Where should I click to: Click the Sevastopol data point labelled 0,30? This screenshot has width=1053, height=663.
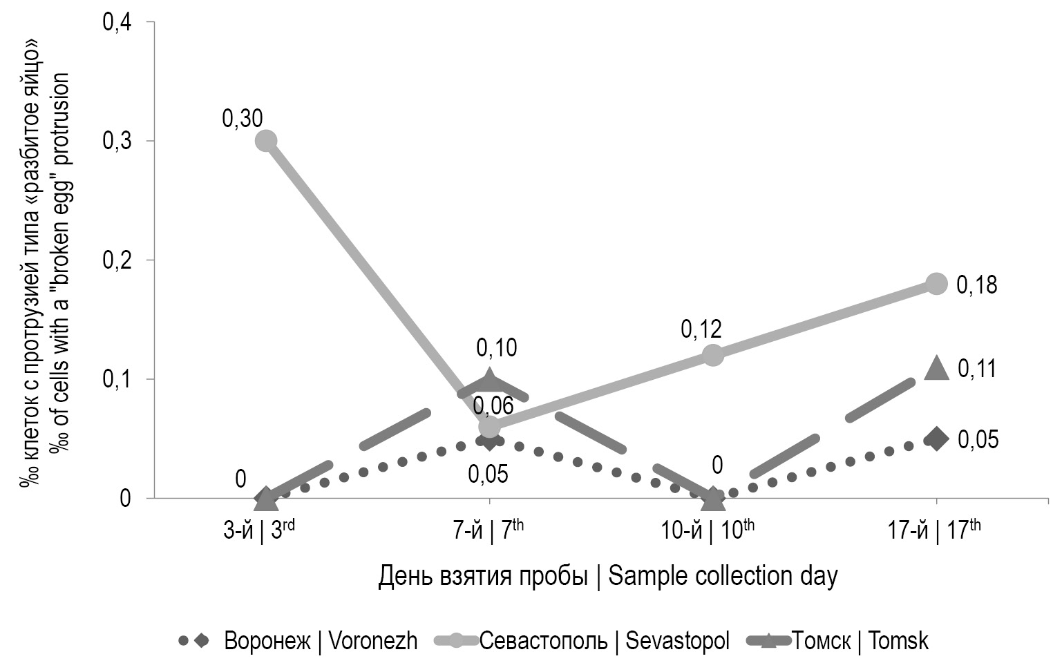click(x=266, y=141)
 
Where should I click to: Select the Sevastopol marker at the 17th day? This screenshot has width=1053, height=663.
click(x=936, y=283)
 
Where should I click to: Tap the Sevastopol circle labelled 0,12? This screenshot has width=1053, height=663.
click(x=712, y=355)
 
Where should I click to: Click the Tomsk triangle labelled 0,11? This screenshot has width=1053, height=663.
click(x=936, y=368)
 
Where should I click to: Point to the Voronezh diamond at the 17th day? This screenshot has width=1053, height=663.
click(x=936, y=439)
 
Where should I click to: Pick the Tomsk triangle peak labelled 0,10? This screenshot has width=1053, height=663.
click(x=489, y=379)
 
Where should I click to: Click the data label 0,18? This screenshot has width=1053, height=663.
click(x=976, y=285)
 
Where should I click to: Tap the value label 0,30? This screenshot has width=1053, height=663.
click(x=242, y=119)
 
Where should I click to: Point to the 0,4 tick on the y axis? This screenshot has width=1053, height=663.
click(x=117, y=22)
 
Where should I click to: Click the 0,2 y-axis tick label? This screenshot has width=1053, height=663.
click(x=117, y=260)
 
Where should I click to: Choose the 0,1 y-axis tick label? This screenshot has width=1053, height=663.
click(x=117, y=379)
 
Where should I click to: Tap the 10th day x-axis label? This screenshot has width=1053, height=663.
click(x=707, y=530)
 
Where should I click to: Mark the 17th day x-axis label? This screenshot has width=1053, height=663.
click(x=934, y=530)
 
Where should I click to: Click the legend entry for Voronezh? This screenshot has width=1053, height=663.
click(x=298, y=641)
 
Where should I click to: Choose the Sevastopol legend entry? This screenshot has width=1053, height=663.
click(x=582, y=641)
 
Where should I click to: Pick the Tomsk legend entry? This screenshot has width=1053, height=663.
click(x=838, y=641)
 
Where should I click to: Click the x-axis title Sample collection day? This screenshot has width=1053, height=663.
click(x=608, y=576)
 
